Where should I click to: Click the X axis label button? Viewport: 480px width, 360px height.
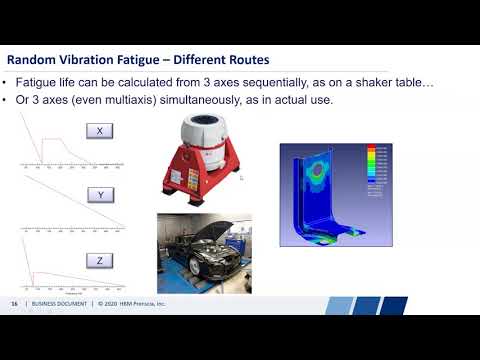(x=100, y=131)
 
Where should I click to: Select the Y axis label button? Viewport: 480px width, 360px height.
(x=100, y=197)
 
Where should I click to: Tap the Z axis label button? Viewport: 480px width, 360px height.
(x=100, y=260)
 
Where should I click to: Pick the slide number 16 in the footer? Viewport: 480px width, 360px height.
(x=14, y=303)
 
